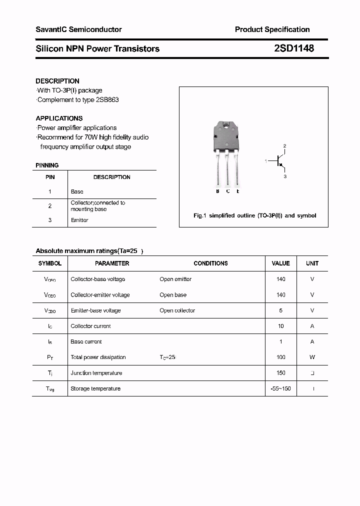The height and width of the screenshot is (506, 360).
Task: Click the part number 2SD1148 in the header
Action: pos(294,48)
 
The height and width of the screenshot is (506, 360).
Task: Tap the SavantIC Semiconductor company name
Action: pos(78,29)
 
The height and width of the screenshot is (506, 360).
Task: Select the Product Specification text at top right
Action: pos(272,29)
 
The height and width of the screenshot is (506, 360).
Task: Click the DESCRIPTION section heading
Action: pos(57,81)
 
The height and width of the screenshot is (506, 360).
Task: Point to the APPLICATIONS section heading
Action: pos(59,118)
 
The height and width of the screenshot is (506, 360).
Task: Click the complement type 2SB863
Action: pos(108,99)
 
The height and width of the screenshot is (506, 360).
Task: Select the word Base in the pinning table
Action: pos(77,191)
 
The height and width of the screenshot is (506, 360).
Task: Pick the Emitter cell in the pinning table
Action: pos(79,220)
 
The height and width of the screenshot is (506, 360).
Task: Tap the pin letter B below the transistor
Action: pos(217,191)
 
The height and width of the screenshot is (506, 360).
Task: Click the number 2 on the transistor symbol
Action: pos(285,146)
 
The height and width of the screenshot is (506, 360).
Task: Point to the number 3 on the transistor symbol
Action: pos(285,176)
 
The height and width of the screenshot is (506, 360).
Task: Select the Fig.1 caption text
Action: pos(254,215)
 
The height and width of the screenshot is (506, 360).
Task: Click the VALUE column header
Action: pos(280,263)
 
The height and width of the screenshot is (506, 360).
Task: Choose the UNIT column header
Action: pos(312,263)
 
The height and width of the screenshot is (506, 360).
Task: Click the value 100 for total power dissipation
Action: pos(280,357)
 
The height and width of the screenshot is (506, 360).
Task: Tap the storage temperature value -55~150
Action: pos(280,388)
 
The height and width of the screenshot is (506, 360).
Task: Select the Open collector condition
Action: pos(177,310)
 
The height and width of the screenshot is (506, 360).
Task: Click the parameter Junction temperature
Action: pos(96,373)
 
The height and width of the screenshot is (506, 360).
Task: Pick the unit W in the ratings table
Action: pos(312,357)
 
